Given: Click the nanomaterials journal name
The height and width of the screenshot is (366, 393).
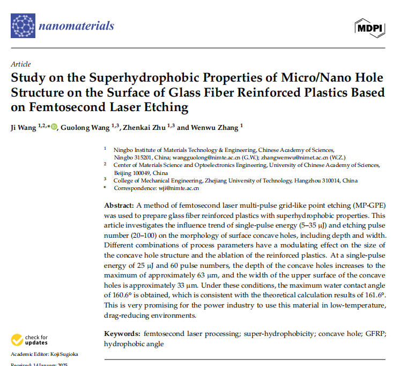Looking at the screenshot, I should [x=77, y=25].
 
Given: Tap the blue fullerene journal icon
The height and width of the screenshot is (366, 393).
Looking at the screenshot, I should [x=23, y=26].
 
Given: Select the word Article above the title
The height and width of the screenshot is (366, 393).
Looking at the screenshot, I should [x=21, y=64].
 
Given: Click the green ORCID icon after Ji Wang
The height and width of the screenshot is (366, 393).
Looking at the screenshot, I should [x=54, y=128].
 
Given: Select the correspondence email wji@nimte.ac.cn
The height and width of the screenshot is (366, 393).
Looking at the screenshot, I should [x=178, y=188].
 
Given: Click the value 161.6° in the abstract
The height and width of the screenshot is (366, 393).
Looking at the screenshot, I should [x=374, y=296].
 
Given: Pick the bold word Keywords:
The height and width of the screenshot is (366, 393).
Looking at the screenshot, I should [x=123, y=333].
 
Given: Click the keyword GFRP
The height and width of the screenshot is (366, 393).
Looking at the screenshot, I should [x=371, y=333].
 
